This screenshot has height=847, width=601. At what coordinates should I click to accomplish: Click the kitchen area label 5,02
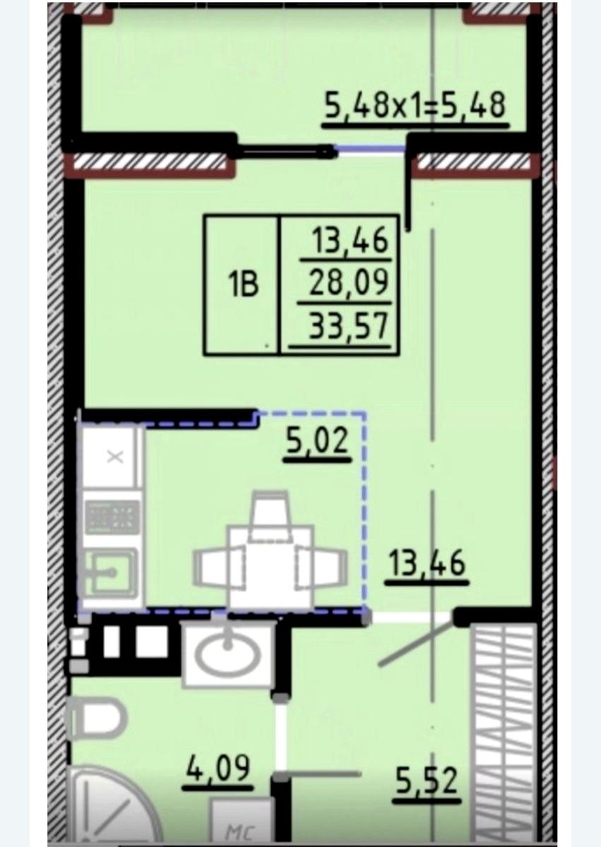click(317, 441)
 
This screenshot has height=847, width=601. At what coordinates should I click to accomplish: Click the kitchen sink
click(110, 574)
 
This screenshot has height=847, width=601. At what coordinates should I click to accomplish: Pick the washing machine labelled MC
click(241, 822)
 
